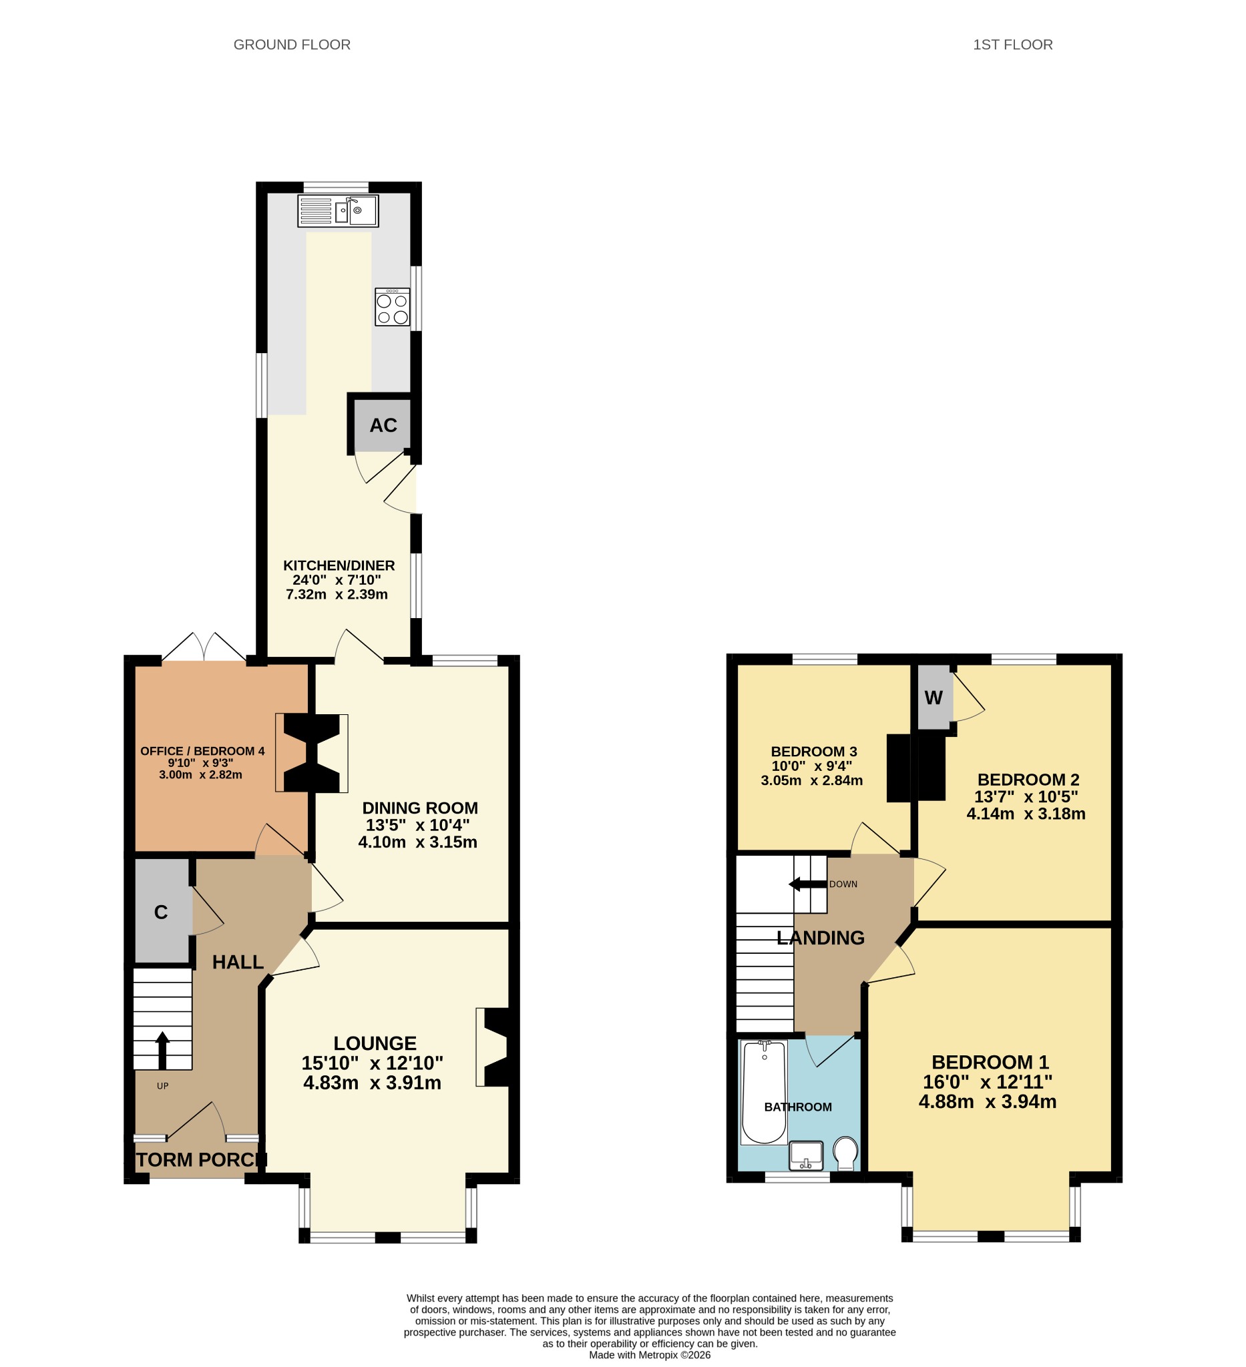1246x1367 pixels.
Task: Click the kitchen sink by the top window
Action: click(x=338, y=210)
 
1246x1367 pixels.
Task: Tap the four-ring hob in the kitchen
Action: click(x=393, y=307)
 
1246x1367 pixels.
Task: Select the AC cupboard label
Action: click(x=383, y=425)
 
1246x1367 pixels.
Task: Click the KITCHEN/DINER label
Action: click(x=339, y=565)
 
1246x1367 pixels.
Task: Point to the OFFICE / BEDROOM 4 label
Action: click(x=202, y=751)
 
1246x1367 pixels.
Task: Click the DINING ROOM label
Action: click(x=420, y=808)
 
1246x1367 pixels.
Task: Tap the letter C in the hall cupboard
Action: click(x=161, y=912)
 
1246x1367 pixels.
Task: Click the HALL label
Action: click(x=238, y=962)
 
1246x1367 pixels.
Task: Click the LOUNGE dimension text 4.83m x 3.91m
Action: click(x=372, y=1082)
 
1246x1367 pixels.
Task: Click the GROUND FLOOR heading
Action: click(x=292, y=45)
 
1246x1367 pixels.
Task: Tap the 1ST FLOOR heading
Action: click(x=1013, y=45)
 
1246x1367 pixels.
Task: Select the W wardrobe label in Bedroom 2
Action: click(x=933, y=698)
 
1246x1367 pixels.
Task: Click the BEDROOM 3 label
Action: click(x=814, y=752)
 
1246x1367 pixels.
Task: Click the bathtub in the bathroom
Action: click(x=765, y=1092)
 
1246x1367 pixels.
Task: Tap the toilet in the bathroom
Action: click(x=846, y=1153)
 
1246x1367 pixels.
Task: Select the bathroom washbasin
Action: click(x=806, y=1155)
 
